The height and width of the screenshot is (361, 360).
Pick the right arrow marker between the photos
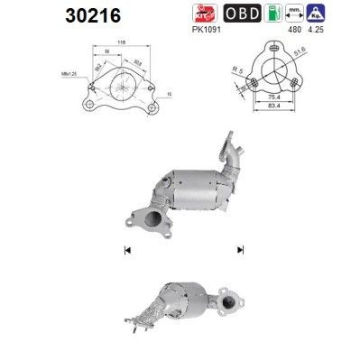tap(241, 249)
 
